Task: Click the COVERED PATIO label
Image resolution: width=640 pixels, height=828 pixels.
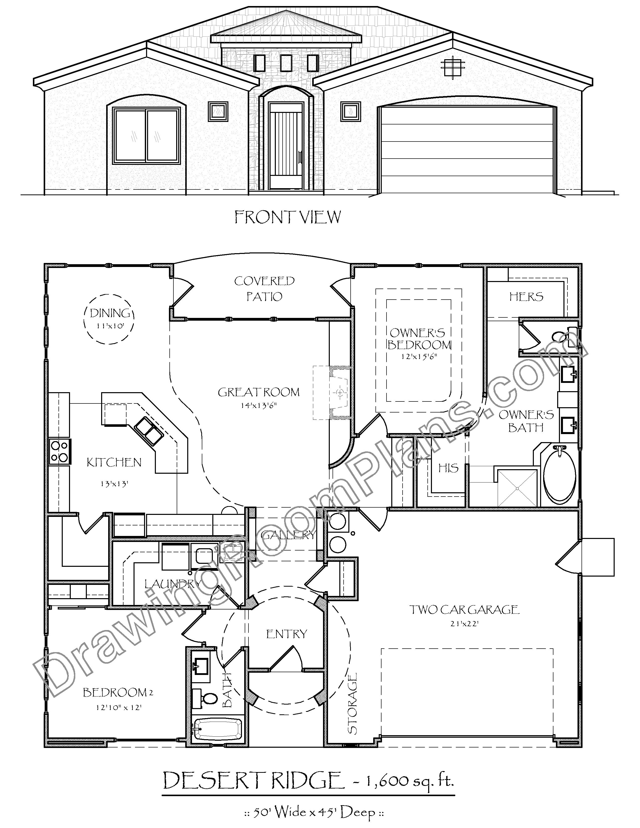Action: click(x=264, y=289)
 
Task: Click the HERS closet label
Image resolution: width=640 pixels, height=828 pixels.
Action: click(x=526, y=297)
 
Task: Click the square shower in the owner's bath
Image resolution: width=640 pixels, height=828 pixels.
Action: click(x=517, y=488)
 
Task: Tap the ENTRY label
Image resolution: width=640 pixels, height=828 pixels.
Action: click(x=286, y=634)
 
